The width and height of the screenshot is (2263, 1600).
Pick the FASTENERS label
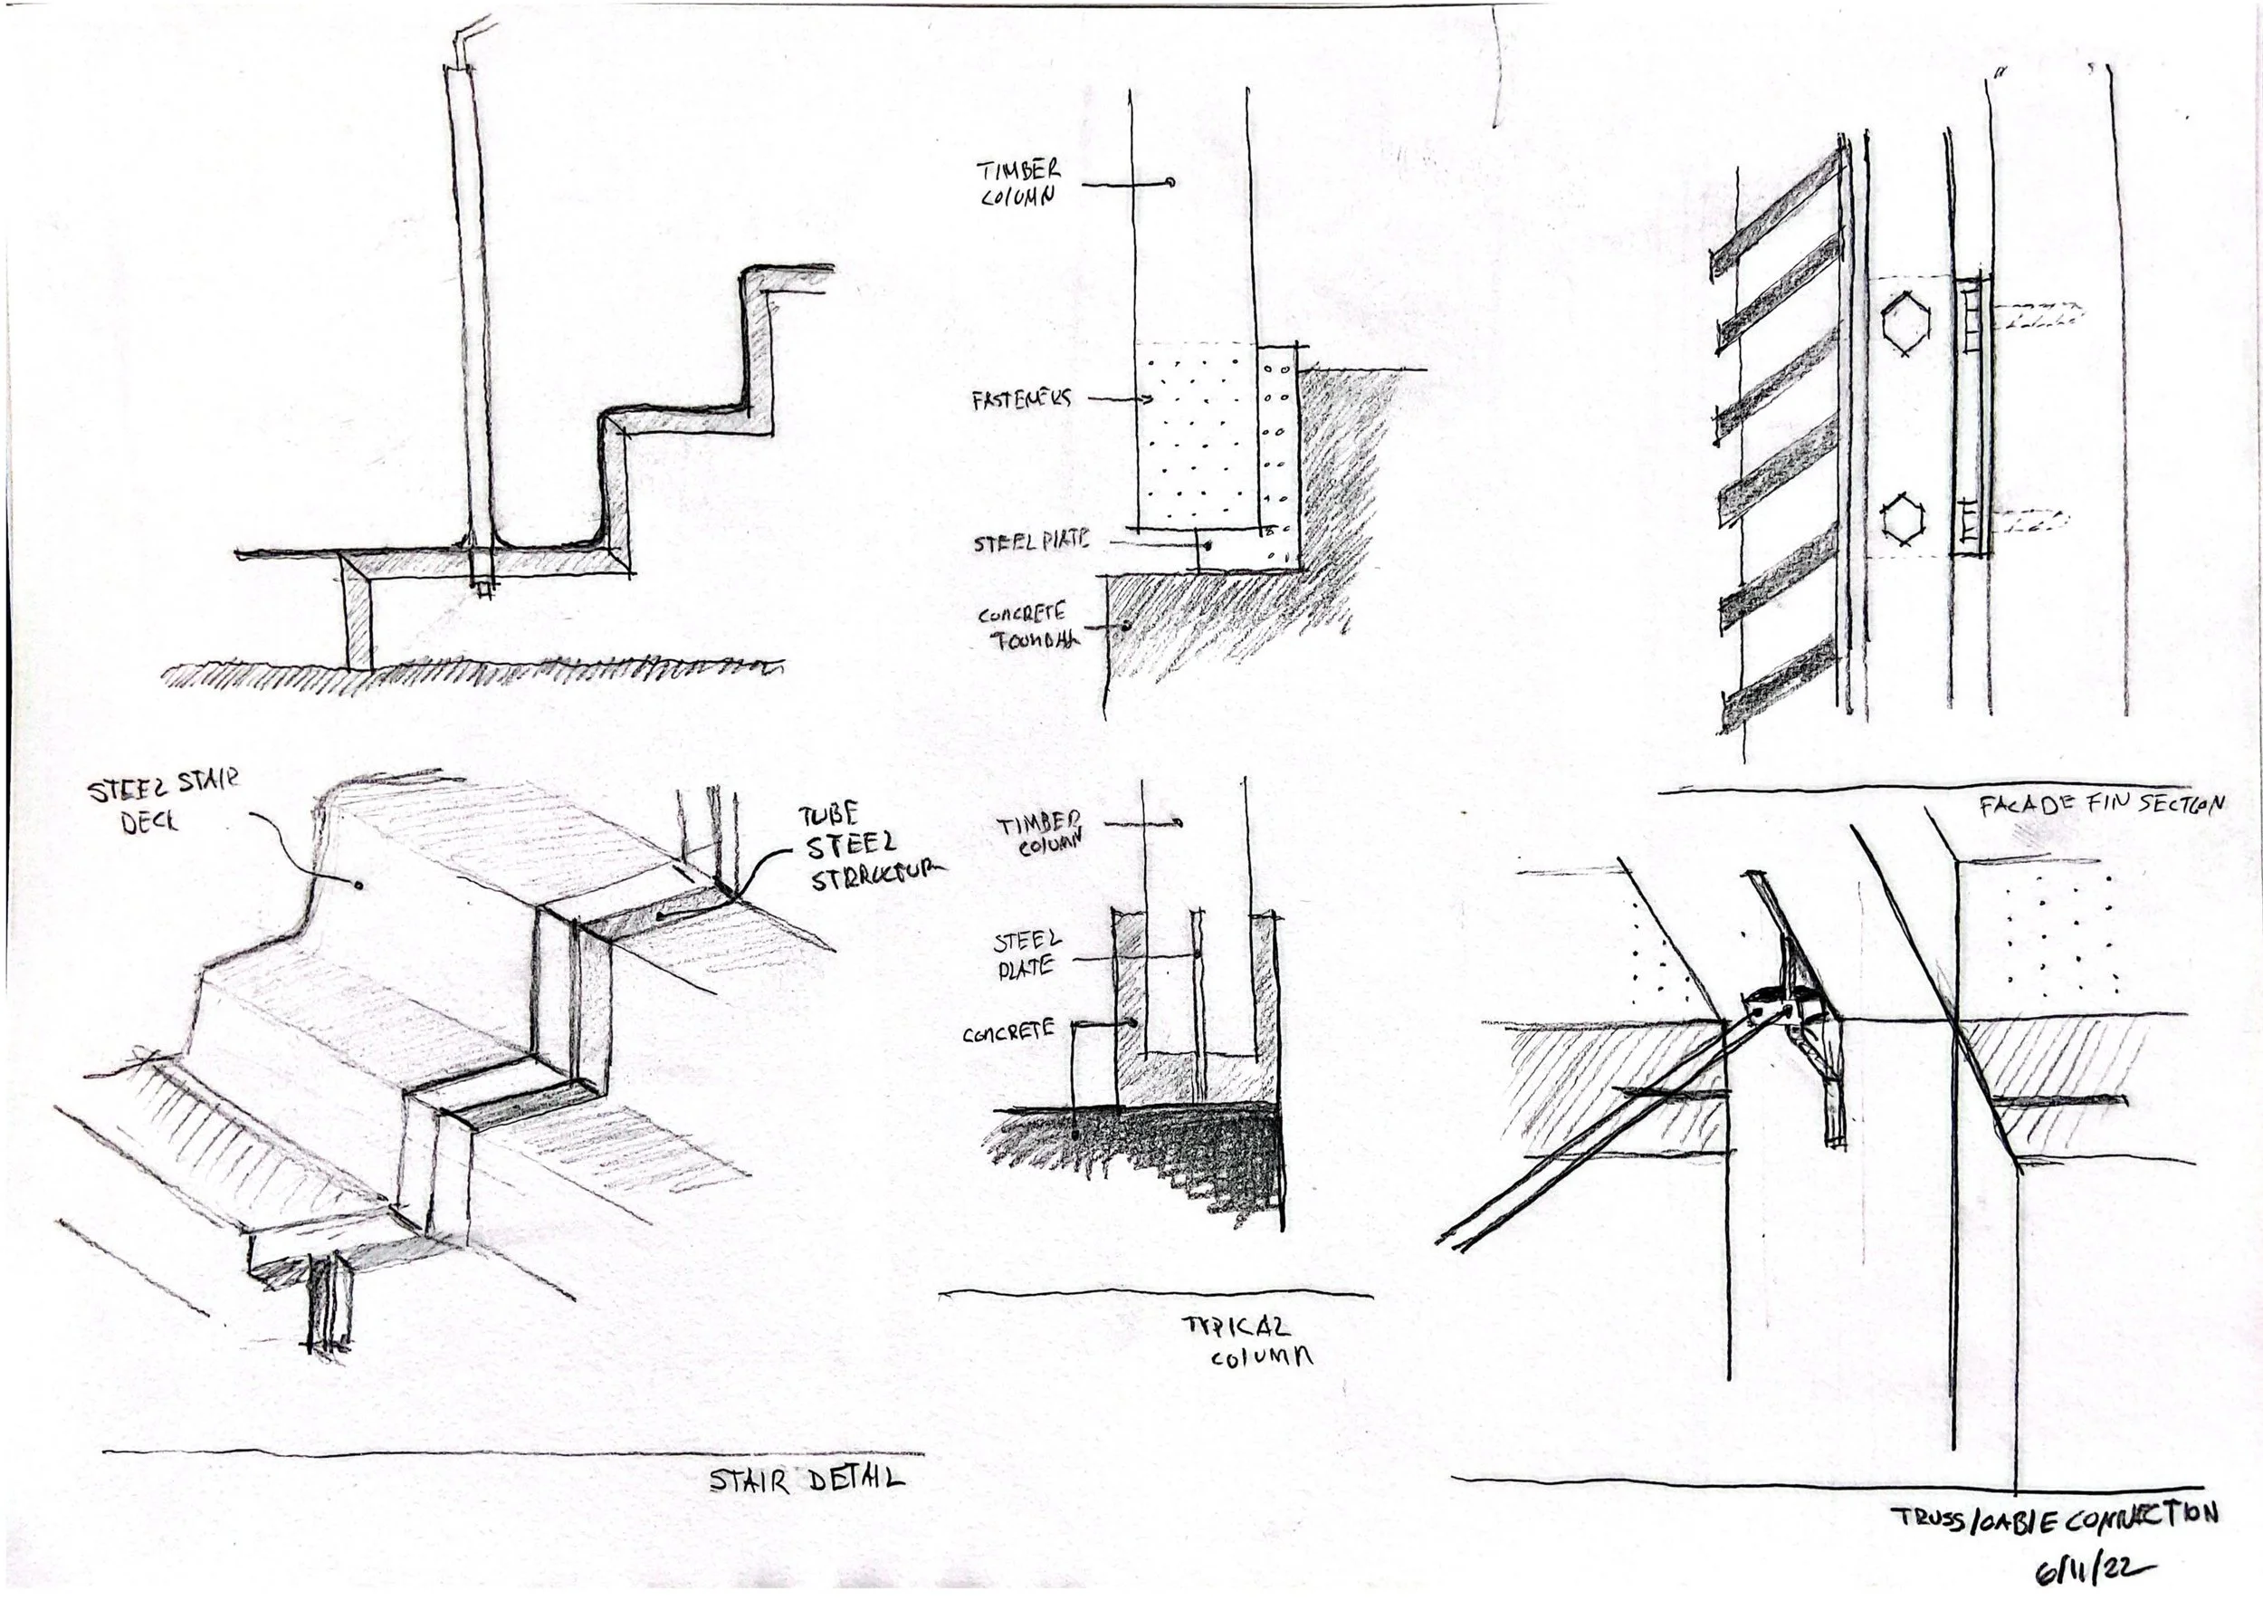(x=1021, y=398)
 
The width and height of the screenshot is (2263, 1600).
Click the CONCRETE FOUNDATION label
(x=1026, y=627)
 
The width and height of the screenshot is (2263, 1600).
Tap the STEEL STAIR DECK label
(x=163, y=801)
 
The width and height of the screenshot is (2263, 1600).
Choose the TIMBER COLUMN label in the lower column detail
(x=1039, y=833)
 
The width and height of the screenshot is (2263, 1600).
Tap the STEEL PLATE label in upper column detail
(x=1031, y=542)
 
